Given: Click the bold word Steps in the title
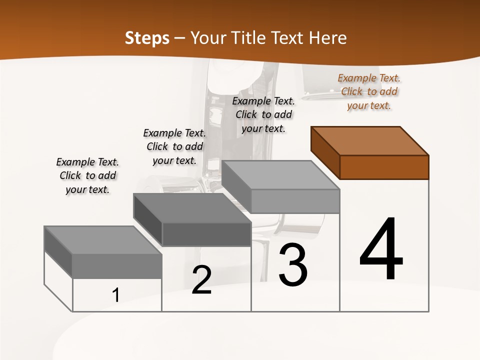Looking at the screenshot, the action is point(147,38).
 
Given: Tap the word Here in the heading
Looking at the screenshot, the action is point(325,38).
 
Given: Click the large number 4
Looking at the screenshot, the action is point(381,249).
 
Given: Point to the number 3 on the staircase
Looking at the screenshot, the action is point(293,265).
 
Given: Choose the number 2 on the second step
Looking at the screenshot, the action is point(201,280).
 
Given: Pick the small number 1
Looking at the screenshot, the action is point(116,295).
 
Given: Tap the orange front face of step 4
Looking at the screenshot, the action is point(384,167).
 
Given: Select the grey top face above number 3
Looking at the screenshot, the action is point(280,175).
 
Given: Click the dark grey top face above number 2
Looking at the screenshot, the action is point(192,207).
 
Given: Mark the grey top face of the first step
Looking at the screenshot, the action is point(103,240).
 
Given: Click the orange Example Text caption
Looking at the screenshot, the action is point(369,91).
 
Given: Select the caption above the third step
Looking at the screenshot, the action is point(263,114).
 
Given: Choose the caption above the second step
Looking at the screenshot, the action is point(174,146).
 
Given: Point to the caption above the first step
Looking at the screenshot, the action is point(87,175).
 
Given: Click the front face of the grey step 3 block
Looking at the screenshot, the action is point(295,201).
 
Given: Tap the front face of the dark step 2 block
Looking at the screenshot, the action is point(206,234).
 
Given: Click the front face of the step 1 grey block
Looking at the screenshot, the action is point(117,266).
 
